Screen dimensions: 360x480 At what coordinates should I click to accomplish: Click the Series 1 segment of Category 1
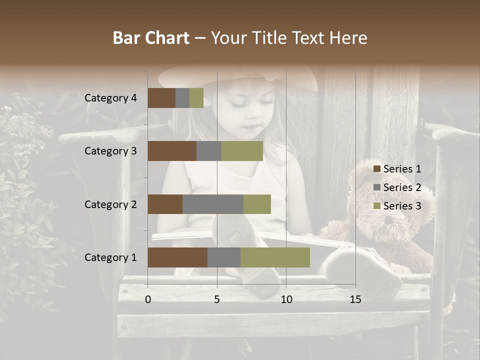[x=177, y=257]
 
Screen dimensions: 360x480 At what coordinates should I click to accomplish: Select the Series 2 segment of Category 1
[x=224, y=257]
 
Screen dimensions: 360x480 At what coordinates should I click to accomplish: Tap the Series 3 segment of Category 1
[x=275, y=257]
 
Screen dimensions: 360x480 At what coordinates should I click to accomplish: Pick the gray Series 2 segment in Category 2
[x=213, y=204]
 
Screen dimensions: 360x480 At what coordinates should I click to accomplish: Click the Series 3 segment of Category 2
[x=257, y=204]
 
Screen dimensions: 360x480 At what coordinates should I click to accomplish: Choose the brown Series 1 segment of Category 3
[x=172, y=151]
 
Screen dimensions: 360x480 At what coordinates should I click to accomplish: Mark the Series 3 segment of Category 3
[x=242, y=151]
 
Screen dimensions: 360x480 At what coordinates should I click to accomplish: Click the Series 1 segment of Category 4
[x=161, y=98]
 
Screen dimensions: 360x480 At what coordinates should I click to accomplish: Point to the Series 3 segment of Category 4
[x=196, y=98]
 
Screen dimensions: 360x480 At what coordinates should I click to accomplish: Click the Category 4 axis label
[x=110, y=98]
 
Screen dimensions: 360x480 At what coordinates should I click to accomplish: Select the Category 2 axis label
[x=110, y=204]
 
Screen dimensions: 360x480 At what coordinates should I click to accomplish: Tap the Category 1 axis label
[x=110, y=257]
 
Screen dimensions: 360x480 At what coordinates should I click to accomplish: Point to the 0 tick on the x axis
[x=148, y=299]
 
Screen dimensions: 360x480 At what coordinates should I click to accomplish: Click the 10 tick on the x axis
[x=286, y=299]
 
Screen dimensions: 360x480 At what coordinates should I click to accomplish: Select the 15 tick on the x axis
[x=355, y=299]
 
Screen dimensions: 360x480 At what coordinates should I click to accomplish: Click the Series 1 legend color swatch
[x=376, y=169]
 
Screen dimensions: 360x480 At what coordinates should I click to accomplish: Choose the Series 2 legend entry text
[x=402, y=187]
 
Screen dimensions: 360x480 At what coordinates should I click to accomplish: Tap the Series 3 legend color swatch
[x=376, y=206]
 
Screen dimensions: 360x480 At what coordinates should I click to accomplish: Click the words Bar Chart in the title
[x=151, y=38]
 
